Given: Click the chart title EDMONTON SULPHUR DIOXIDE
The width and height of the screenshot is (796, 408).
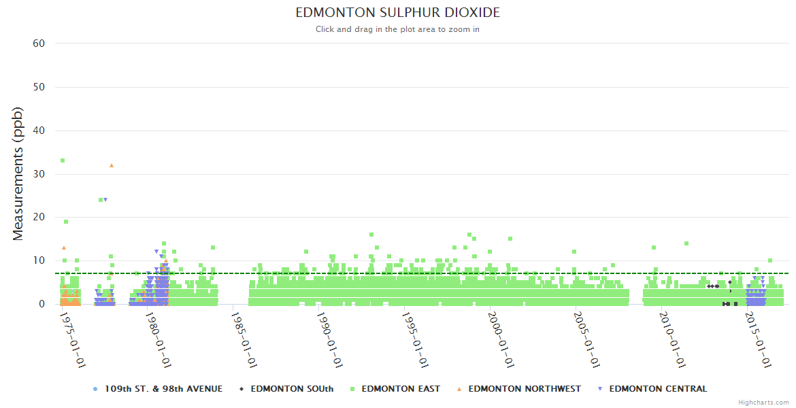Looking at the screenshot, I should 397,13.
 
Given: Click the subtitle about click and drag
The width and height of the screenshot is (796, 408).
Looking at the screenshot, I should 397,29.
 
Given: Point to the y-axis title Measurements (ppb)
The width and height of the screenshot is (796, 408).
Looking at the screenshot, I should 18,173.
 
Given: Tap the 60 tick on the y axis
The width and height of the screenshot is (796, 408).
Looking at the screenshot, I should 39,44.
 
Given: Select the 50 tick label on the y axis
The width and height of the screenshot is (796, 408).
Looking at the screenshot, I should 39,87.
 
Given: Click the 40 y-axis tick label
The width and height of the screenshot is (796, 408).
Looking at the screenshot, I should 39,131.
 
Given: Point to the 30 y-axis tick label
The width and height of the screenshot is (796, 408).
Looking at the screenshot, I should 39,174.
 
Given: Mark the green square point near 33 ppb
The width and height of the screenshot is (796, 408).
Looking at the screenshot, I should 63,160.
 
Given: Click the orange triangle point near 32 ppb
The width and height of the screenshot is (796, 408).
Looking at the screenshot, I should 112,165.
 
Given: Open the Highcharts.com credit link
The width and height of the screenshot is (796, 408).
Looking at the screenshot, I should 763,403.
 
